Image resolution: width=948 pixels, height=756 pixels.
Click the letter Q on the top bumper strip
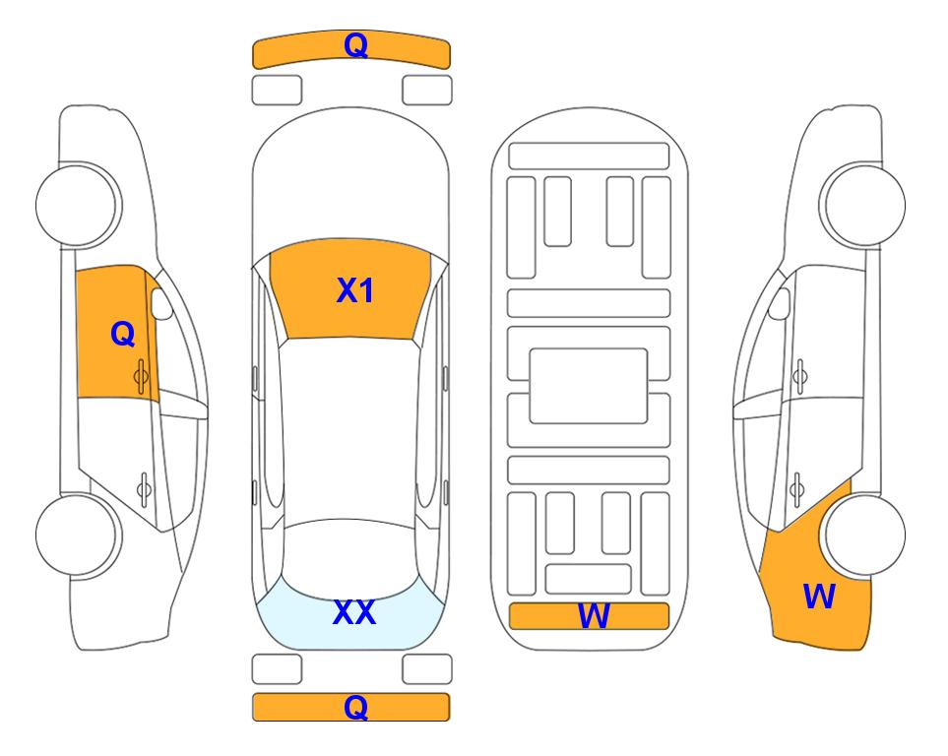(x=355, y=44)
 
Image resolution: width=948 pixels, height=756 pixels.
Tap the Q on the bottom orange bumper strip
(x=355, y=707)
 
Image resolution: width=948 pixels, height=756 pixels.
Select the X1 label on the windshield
(x=355, y=290)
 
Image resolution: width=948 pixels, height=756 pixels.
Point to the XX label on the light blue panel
(x=354, y=612)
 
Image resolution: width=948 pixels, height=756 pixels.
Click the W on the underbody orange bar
(x=594, y=616)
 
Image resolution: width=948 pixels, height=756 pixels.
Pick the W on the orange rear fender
(x=819, y=597)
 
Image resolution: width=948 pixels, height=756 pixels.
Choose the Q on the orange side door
(x=123, y=334)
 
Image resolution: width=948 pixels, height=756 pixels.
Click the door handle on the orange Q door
(x=142, y=376)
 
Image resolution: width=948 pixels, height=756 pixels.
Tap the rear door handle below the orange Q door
(x=144, y=488)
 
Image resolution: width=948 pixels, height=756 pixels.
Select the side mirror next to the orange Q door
(x=160, y=303)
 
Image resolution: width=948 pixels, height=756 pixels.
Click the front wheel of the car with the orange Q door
(x=78, y=205)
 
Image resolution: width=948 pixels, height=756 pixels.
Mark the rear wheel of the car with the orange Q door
(x=78, y=535)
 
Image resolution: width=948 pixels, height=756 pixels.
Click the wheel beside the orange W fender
(x=864, y=535)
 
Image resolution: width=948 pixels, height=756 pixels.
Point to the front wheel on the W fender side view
(x=862, y=205)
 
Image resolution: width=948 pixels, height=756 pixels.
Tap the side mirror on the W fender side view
(x=780, y=303)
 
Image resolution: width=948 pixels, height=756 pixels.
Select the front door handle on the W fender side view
(x=800, y=376)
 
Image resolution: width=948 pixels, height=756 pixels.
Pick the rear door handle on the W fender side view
(x=797, y=488)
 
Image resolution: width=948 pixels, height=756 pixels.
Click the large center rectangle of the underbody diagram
(x=589, y=386)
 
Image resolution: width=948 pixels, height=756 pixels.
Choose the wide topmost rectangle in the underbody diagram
(x=589, y=157)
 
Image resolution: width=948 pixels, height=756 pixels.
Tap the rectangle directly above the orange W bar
(x=589, y=580)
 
